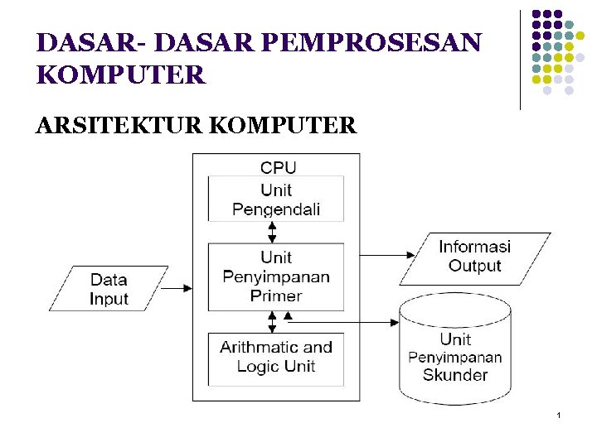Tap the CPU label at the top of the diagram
point(278,166)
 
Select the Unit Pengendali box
point(276,199)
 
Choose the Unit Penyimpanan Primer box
point(276,276)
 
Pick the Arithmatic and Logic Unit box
point(276,358)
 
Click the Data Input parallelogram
point(109,289)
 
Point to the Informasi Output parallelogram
point(474,257)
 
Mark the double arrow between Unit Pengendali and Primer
point(272,232)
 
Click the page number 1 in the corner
point(559,413)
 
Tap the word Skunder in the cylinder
point(455,375)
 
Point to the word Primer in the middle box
point(276,296)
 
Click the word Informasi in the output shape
point(474,247)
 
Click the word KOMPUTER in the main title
point(121,75)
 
